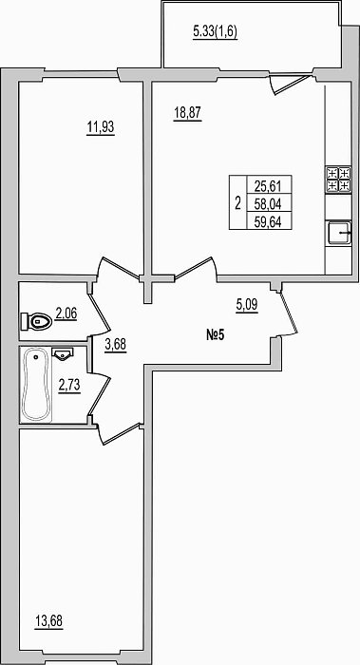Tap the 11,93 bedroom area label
(x=101, y=126)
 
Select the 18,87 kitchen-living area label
(x=187, y=114)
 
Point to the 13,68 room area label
(x=48, y=621)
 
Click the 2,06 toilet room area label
(x=66, y=314)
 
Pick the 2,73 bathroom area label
(x=69, y=387)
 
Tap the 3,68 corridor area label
(x=115, y=345)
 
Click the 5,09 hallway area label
(x=247, y=305)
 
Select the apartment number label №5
(x=215, y=336)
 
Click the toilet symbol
(x=36, y=322)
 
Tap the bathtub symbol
(x=36, y=385)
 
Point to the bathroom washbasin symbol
(x=63, y=353)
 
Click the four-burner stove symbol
(x=338, y=180)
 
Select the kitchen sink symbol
(x=339, y=232)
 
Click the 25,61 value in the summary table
(x=269, y=185)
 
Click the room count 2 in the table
(x=237, y=202)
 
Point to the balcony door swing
(x=289, y=84)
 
